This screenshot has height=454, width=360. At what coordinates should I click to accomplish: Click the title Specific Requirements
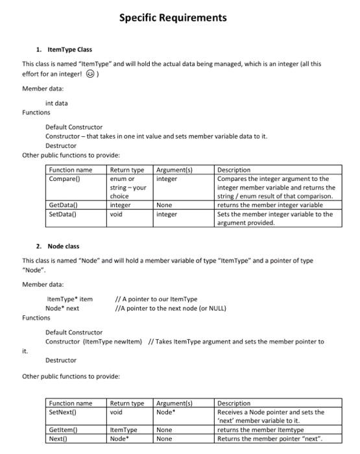pyautogui.click(x=173, y=18)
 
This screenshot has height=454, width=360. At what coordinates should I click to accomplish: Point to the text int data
pyautogui.click(x=56, y=103)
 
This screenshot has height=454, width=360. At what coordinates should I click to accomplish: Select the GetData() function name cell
pyautogui.click(x=64, y=205)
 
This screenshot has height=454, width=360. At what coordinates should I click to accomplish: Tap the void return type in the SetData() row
pyautogui.click(x=116, y=213)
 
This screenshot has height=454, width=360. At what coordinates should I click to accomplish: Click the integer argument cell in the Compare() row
pyautogui.click(x=167, y=178)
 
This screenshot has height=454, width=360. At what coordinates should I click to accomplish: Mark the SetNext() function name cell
pyautogui.click(x=63, y=412)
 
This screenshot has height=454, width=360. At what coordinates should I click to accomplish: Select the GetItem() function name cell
pyautogui.click(x=63, y=429)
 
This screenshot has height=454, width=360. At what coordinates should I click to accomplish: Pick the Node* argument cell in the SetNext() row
pyautogui.click(x=165, y=412)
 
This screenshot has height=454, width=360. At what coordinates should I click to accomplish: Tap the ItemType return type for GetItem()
pyautogui.click(x=123, y=429)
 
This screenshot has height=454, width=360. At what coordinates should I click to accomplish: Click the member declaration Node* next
pyautogui.click(x=62, y=308)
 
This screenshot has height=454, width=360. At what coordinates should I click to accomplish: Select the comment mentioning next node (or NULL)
pyautogui.click(x=171, y=308)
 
